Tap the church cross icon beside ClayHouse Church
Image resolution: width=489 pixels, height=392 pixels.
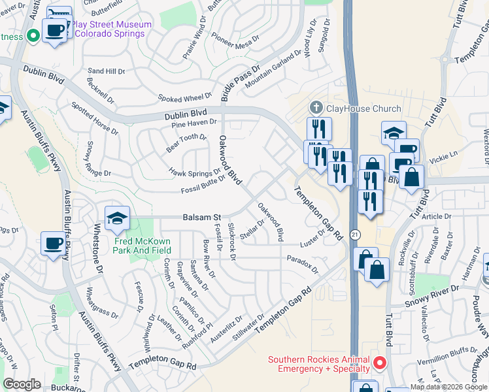coord(316,107)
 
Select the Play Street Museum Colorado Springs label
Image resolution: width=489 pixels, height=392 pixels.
coord(111,29)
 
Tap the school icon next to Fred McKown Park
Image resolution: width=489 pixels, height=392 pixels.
coord(118,218)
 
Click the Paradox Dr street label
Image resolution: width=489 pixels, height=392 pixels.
coord(302,264)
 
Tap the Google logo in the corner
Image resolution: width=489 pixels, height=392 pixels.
coord(22,384)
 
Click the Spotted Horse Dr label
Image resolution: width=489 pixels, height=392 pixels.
coord(94,118)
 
